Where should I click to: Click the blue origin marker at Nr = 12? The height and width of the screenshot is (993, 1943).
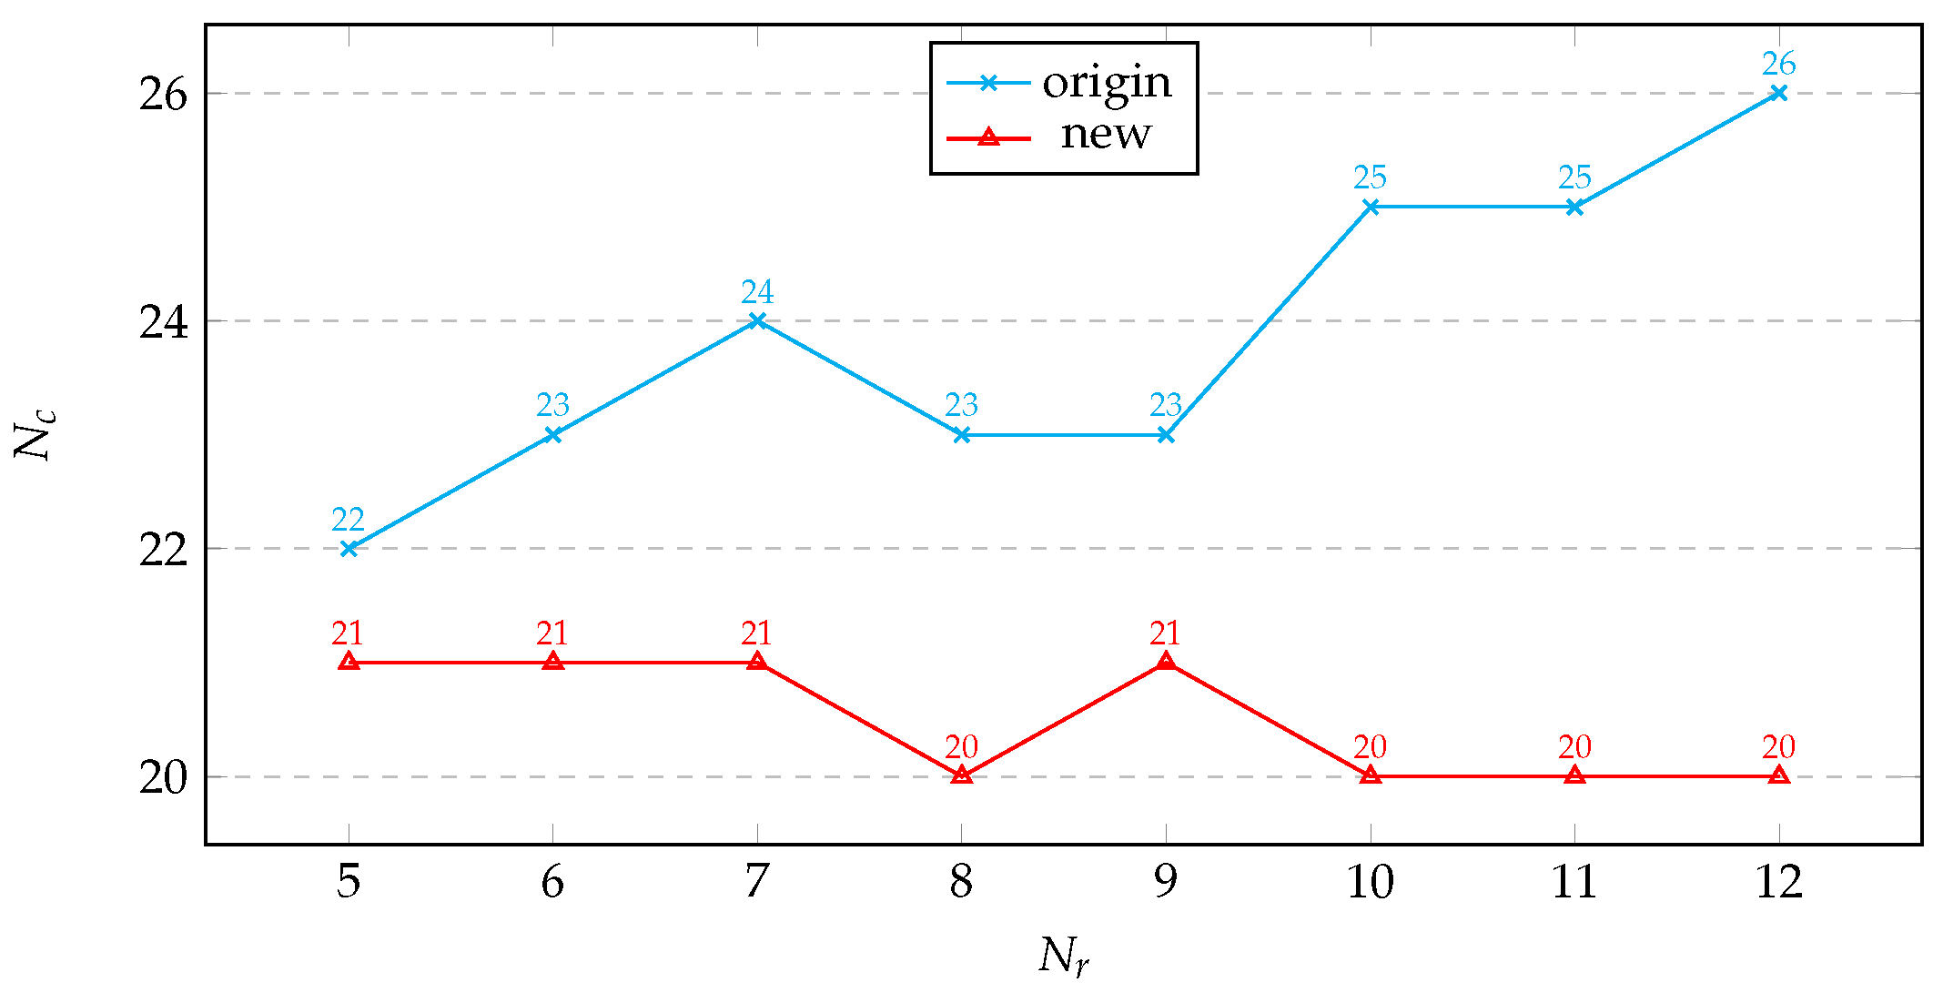tap(1778, 93)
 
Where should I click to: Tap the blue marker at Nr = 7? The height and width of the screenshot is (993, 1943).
tap(756, 320)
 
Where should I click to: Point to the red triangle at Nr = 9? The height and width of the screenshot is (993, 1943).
tap(1166, 662)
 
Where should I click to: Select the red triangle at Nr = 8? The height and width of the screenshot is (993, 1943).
tap(961, 775)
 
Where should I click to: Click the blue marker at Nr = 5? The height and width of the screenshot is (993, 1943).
tap(349, 548)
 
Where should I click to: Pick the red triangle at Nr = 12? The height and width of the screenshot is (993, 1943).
tap(1778, 775)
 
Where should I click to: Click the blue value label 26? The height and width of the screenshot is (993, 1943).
tap(1778, 64)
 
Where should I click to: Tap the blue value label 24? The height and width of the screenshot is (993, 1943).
tap(756, 292)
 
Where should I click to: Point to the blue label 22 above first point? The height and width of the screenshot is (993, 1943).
tap(348, 520)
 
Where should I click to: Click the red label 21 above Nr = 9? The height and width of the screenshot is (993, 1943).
tap(1165, 633)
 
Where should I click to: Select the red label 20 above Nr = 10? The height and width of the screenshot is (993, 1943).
tap(1370, 747)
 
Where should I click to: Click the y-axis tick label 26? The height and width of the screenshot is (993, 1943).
tap(164, 95)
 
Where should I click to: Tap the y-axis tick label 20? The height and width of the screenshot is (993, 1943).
tap(164, 778)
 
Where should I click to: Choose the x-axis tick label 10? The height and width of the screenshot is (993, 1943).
tap(1370, 882)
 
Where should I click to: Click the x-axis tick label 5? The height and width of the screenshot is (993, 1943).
tap(349, 882)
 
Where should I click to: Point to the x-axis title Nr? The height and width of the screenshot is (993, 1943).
tap(1063, 957)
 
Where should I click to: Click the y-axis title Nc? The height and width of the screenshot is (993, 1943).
tap(35, 435)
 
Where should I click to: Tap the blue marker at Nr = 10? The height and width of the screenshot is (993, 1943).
tap(1371, 207)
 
